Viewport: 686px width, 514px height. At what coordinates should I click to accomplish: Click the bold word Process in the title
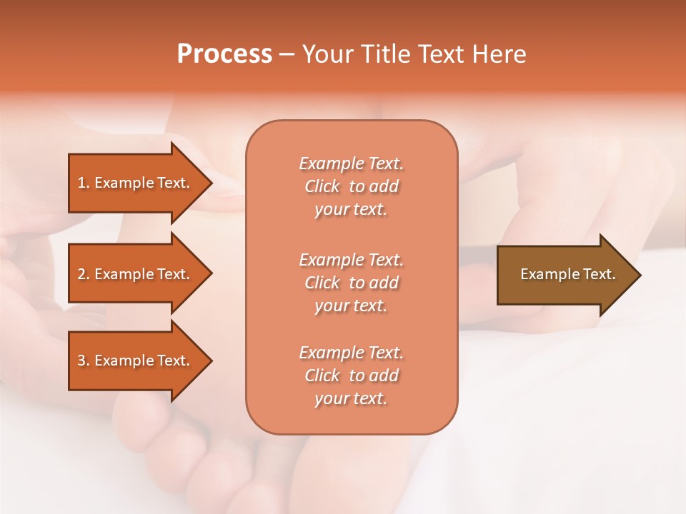coord(224,54)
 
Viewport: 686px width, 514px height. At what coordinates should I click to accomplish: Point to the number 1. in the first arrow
coord(84,183)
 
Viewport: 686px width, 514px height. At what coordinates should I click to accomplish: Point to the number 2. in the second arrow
coord(84,274)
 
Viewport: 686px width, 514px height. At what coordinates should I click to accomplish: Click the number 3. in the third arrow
coord(84,361)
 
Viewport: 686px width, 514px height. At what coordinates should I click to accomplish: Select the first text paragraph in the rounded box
coord(351,186)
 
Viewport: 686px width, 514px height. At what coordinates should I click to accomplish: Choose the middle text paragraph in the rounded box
coord(351,283)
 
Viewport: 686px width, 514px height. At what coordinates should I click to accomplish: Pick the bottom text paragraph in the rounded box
coord(351,376)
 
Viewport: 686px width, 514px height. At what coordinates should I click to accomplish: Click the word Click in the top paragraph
coord(322,186)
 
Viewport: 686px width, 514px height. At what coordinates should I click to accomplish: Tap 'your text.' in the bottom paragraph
coord(351,398)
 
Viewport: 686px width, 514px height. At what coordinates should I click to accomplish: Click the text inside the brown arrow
coord(567,274)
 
